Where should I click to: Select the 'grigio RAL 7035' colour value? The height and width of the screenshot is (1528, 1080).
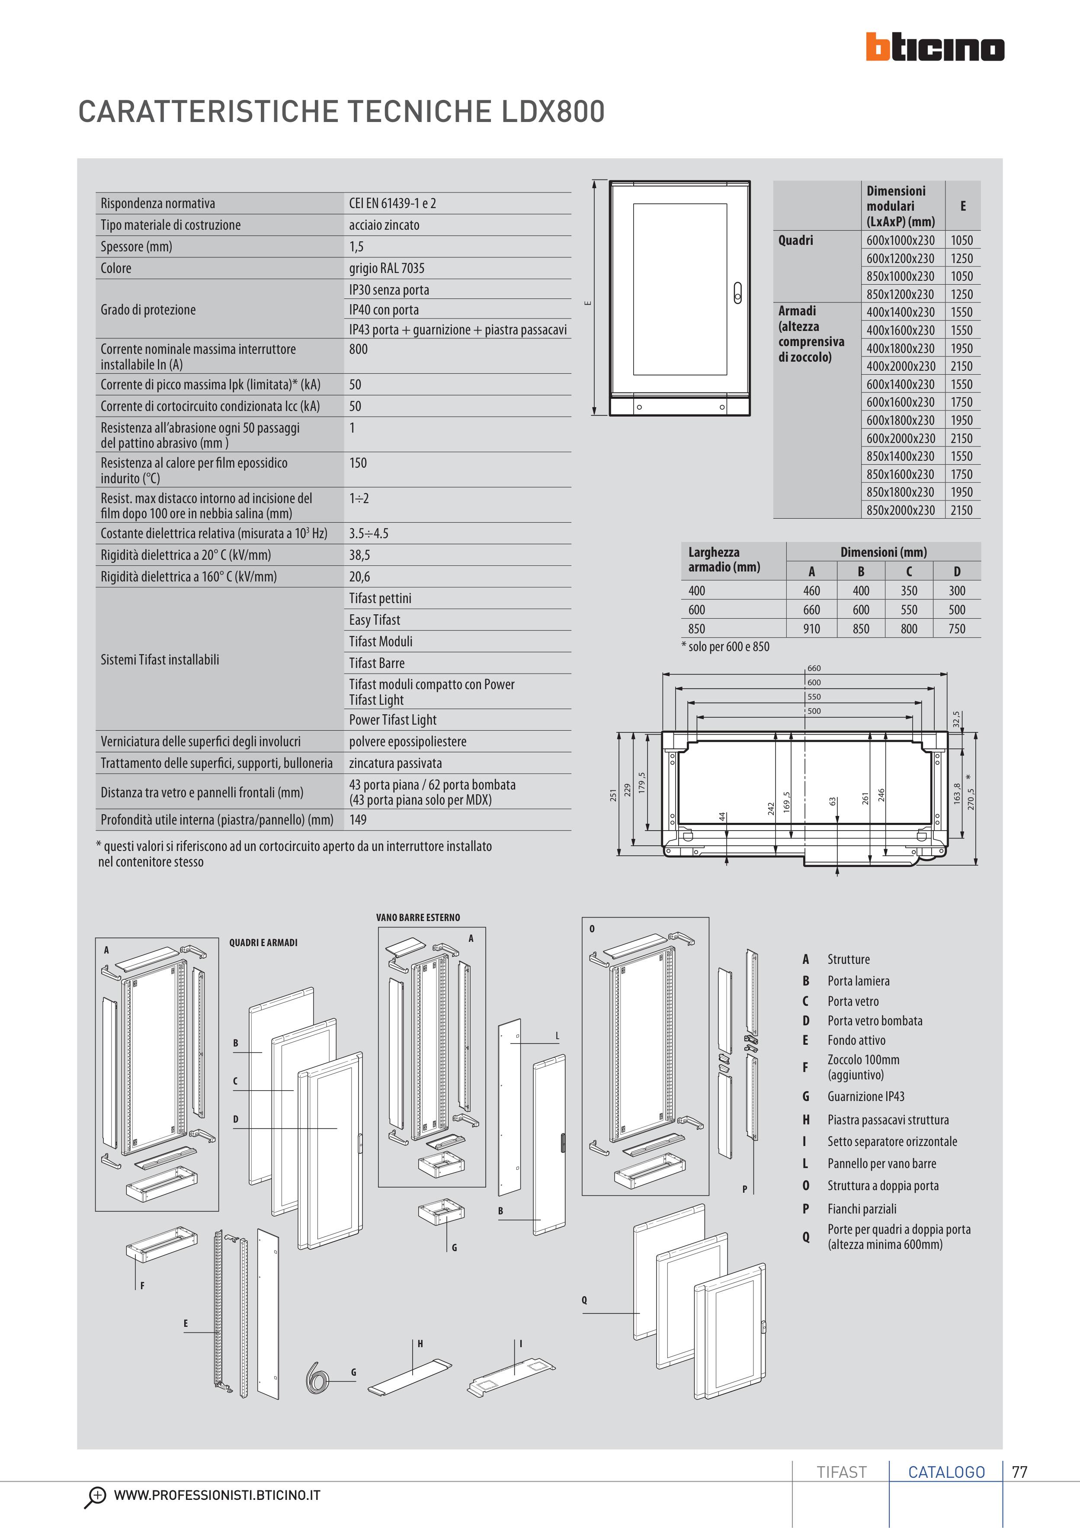coord(386,268)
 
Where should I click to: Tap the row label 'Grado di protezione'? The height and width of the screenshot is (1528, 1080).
coord(148,309)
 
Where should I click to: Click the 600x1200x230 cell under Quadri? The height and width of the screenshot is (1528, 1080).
coord(900,258)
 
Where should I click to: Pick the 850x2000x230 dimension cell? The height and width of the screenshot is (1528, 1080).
coord(900,510)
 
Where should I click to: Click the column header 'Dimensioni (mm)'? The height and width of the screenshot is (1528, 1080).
coord(883,552)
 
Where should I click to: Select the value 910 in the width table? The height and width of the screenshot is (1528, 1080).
coord(811,629)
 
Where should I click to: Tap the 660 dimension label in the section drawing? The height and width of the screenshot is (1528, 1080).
coord(814,668)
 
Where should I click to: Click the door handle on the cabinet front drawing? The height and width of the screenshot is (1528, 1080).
coord(737,293)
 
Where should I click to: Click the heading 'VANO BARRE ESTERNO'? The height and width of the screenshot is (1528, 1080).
coord(417,918)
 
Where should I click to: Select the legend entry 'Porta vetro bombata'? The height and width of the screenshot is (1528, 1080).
coord(875,1021)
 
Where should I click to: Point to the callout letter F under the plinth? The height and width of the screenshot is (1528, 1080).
coord(142,1286)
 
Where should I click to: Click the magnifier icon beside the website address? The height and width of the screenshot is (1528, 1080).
coord(95,1496)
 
